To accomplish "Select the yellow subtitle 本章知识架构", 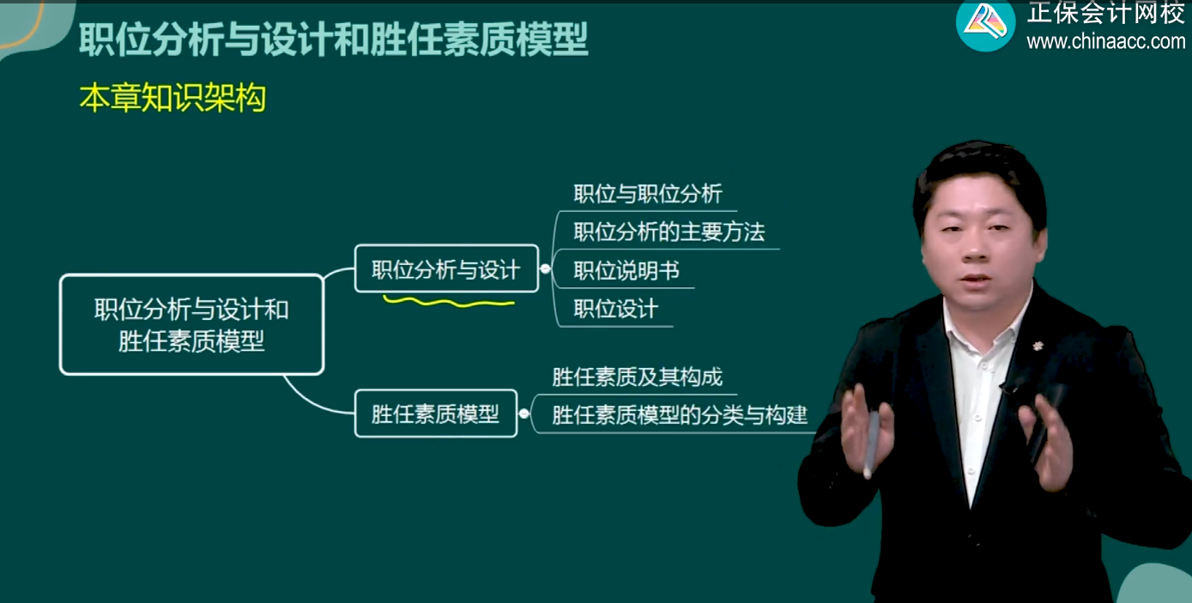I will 172,99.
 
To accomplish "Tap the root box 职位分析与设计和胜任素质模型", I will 191,324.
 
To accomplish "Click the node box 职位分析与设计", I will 446,269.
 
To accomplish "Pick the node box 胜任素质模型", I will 435,413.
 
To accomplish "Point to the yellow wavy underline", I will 448,302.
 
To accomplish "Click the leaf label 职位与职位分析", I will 648,194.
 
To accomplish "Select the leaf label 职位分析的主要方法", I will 669,232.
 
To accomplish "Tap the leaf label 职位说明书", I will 626,271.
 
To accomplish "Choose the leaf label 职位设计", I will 615,309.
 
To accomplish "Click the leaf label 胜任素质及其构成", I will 637,377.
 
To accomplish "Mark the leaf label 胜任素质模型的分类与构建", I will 680,416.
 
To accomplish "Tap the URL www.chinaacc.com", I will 1105,41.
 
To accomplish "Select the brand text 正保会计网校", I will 1105,13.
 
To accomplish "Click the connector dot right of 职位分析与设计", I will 545,269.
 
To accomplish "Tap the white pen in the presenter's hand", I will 872,442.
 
